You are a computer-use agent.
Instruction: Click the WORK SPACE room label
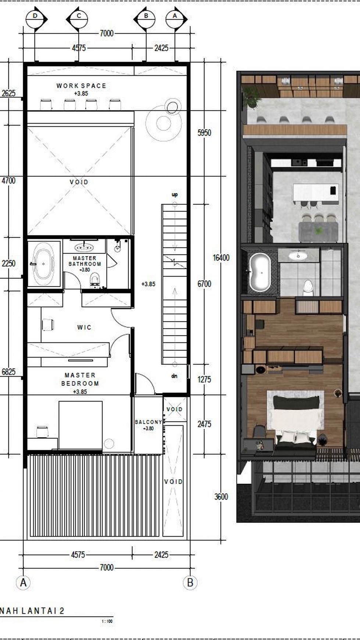pyautogui.click(x=81, y=86)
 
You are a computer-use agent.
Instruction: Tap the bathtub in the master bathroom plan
pyautogui.click(x=44, y=263)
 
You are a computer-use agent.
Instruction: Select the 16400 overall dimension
pyautogui.click(x=221, y=258)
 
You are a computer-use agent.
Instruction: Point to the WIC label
pyautogui.click(x=84, y=327)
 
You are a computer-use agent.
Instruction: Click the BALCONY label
pyautogui.click(x=148, y=422)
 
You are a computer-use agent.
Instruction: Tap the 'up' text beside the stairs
pyautogui.click(x=175, y=195)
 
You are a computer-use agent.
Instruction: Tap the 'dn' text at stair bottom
pyautogui.click(x=174, y=376)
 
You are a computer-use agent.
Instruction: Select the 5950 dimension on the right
pyautogui.click(x=204, y=133)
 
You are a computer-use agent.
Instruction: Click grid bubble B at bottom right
pyautogui.click(x=190, y=583)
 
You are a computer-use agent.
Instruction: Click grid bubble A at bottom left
pyautogui.click(x=24, y=583)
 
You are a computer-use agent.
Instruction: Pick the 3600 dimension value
pyautogui.click(x=221, y=497)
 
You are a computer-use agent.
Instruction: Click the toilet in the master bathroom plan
pyautogui.click(x=95, y=279)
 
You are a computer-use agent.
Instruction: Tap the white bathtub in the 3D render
pyautogui.click(x=260, y=272)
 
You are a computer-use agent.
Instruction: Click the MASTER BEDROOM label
pyautogui.click(x=80, y=379)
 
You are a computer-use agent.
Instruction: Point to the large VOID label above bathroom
pyautogui.click(x=79, y=182)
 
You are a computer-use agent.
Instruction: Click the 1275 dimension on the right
pyautogui.click(x=204, y=379)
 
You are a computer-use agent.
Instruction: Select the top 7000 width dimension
pyautogui.click(x=106, y=33)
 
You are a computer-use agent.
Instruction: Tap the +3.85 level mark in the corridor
pyautogui.click(x=148, y=284)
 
